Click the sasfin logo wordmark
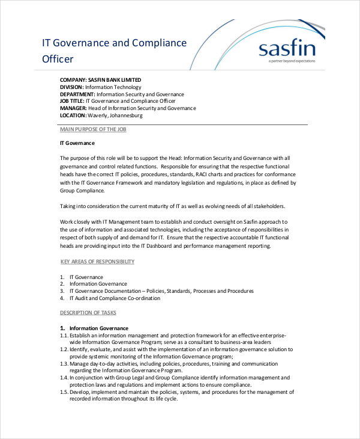click(285, 48)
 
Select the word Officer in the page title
click(58, 59)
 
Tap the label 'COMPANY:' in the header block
click(73, 79)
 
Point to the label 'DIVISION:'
click(72, 87)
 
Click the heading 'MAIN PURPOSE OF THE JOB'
click(93, 129)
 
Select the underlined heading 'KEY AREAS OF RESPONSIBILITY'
click(98, 262)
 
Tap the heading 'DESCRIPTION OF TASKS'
click(88, 313)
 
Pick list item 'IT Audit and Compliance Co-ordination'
click(115, 298)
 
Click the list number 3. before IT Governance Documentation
click(62, 291)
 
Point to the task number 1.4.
click(64, 378)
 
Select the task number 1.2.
click(64, 349)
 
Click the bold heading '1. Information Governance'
click(94, 328)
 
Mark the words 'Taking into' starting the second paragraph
click(74, 206)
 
